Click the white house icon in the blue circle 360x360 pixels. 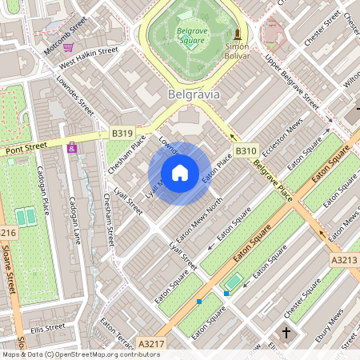(x=180, y=172)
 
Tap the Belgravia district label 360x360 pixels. (x=194, y=94)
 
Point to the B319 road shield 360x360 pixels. (x=122, y=134)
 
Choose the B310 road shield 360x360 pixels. (x=246, y=150)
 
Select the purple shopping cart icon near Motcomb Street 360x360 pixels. (x=69, y=47)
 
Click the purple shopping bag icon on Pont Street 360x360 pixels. (x=73, y=148)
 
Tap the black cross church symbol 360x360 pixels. (x=286, y=331)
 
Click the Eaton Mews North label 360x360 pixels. (x=198, y=222)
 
